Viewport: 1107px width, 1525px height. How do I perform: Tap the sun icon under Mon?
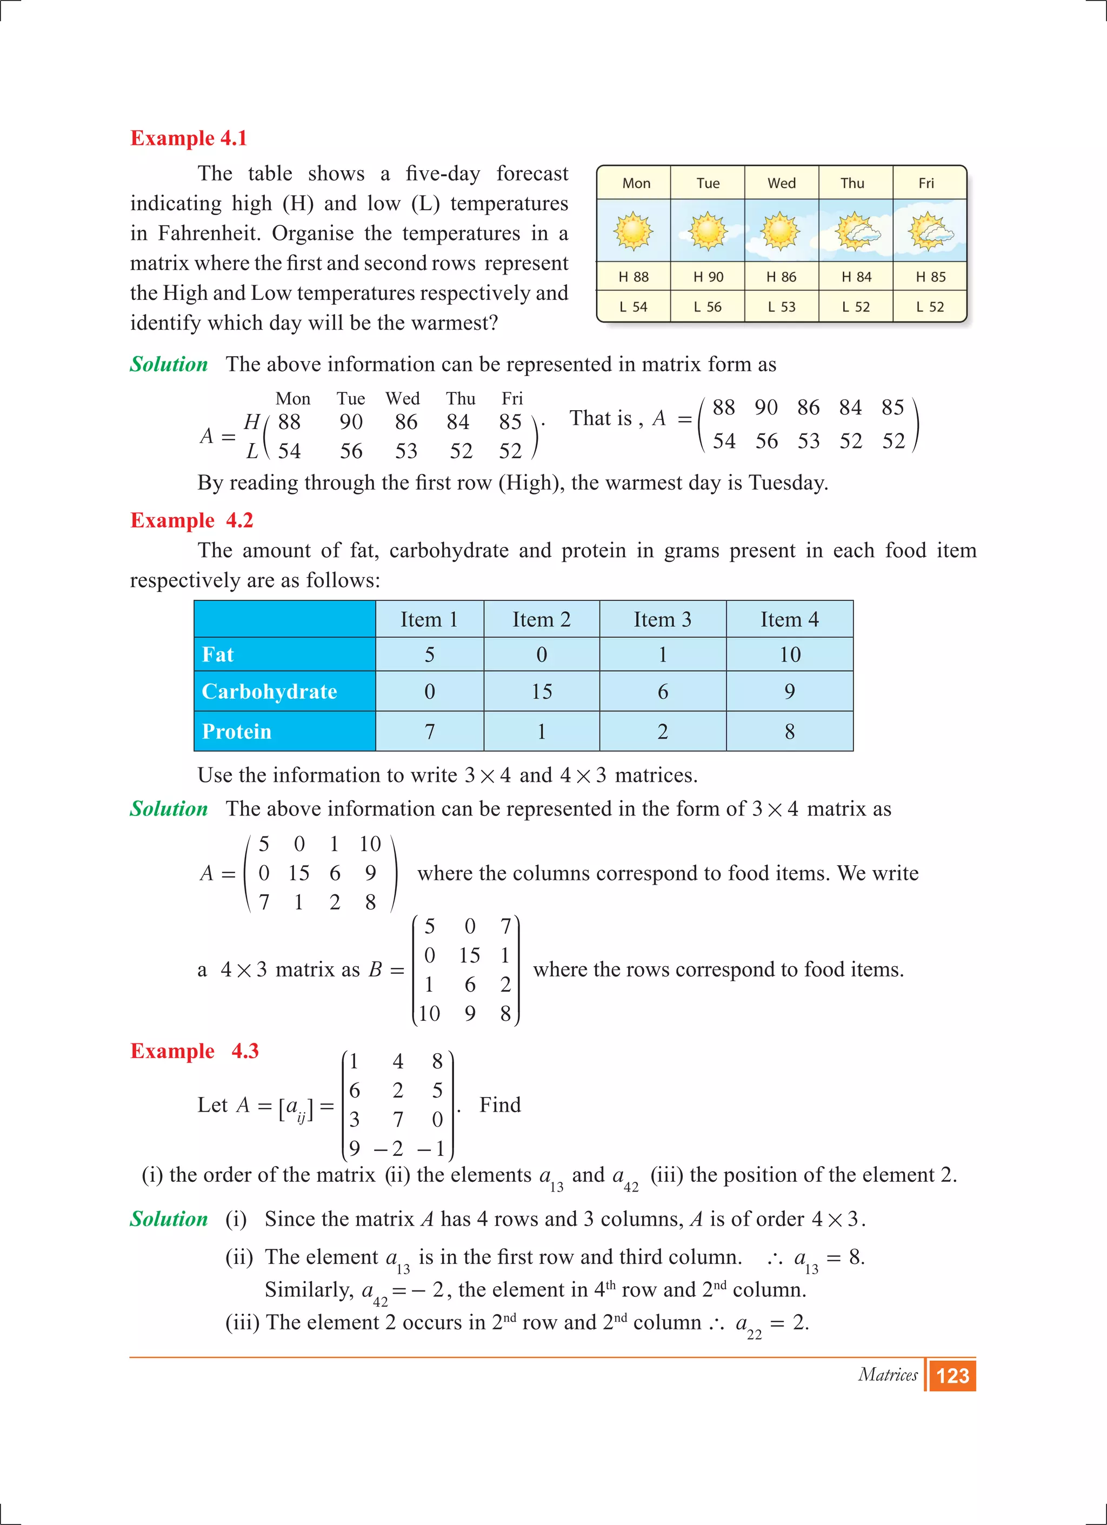click(633, 231)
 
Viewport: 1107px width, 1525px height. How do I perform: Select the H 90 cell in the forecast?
click(708, 276)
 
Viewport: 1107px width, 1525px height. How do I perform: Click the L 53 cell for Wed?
click(782, 306)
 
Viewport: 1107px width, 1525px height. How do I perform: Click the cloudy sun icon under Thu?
click(856, 231)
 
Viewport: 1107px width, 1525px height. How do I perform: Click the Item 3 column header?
click(663, 619)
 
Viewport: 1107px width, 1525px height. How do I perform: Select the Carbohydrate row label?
click(269, 691)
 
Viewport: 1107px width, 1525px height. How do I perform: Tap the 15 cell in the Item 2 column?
click(542, 691)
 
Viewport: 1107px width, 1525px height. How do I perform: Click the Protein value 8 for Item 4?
click(790, 731)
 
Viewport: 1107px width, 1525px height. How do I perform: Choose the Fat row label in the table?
click(218, 654)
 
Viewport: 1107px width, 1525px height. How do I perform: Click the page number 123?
click(952, 1376)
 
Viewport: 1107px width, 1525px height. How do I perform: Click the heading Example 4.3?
click(195, 1051)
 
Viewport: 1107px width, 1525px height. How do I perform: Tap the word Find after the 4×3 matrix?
click(499, 1105)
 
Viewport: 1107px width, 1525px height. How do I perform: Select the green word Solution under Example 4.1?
click(169, 364)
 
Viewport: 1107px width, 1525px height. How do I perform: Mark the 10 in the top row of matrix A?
click(370, 844)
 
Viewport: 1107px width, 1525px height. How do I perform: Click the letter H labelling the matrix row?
click(251, 422)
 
